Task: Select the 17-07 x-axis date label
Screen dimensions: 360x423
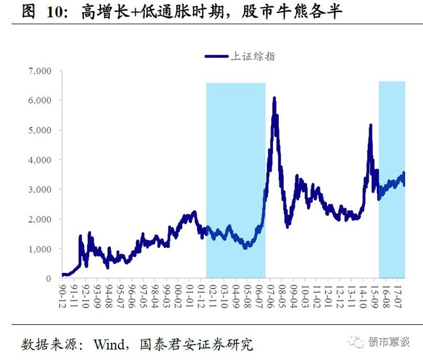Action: pyautogui.click(x=397, y=296)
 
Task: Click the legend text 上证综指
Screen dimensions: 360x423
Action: pyautogui.click(x=255, y=56)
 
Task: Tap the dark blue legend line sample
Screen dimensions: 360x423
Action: pyautogui.click(x=217, y=56)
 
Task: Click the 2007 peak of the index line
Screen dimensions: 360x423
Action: pyautogui.click(x=274, y=98)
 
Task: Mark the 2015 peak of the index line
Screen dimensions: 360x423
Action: pyautogui.click(x=370, y=126)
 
